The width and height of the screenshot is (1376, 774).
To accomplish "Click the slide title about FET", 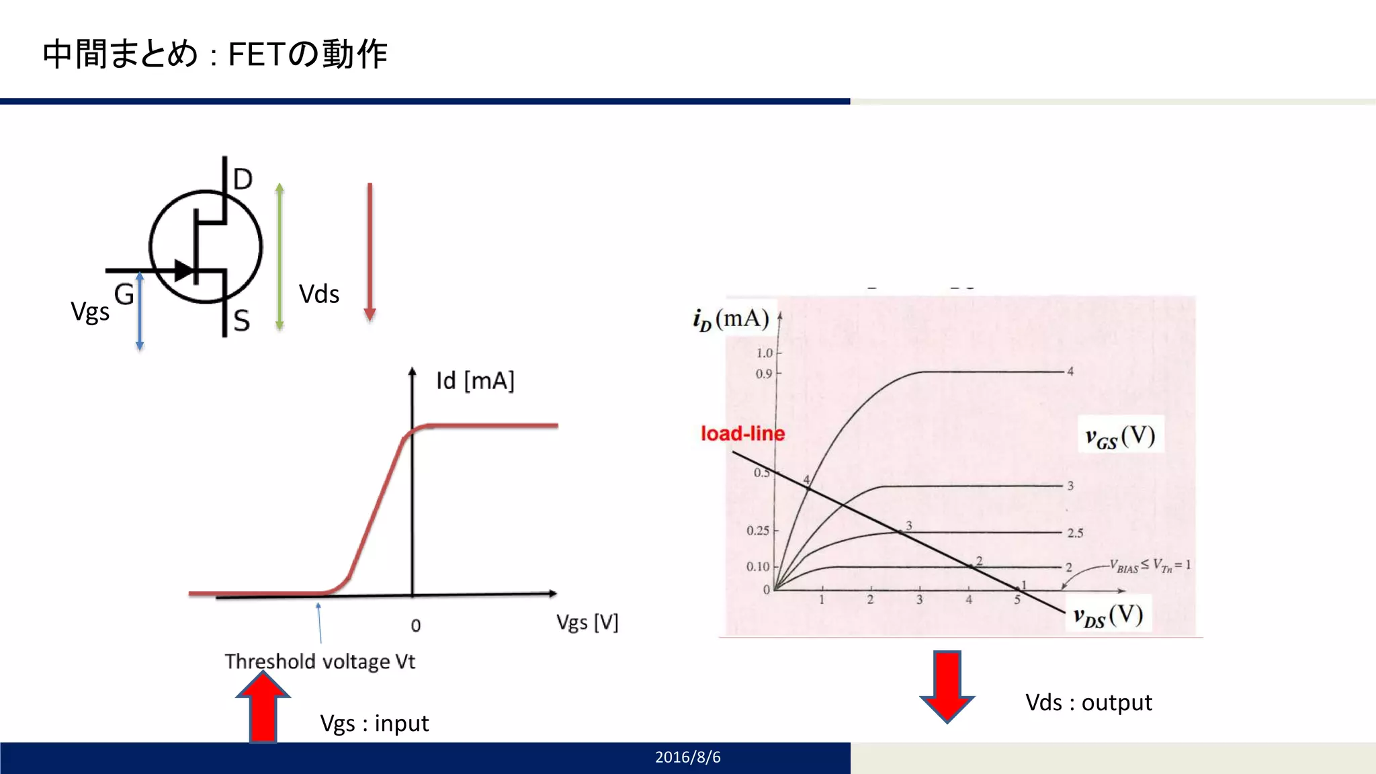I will [x=215, y=54].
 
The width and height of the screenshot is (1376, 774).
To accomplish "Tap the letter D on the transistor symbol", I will [x=243, y=179].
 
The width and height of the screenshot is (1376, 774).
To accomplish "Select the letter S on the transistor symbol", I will [x=242, y=320].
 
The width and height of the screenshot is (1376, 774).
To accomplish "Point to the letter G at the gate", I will [x=124, y=294].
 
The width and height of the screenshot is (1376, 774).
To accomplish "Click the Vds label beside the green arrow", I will [x=319, y=294].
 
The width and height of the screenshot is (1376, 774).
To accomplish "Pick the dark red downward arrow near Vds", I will [x=370, y=252].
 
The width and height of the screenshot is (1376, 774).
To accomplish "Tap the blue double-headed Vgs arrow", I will [x=140, y=311].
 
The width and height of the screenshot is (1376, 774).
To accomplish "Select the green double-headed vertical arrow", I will [x=279, y=257].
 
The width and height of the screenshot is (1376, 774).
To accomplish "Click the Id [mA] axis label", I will [x=475, y=381].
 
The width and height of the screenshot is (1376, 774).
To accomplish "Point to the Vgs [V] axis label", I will [x=587, y=623].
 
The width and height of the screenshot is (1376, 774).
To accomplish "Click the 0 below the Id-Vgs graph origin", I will [x=416, y=626].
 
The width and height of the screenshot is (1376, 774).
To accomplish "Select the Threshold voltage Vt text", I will [x=320, y=662].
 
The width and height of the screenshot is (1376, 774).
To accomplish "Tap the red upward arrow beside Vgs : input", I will [x=263, y=707].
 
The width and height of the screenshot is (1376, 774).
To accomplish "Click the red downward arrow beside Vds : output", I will [x=947, y=685].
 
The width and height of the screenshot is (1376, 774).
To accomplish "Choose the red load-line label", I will [x=742, y=433].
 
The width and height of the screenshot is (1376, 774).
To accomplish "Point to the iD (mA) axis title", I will [x=731, y=319].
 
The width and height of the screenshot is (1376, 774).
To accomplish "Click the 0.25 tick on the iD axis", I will [x=758, y=531].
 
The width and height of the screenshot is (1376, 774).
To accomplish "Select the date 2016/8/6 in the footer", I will [x=687, y=757].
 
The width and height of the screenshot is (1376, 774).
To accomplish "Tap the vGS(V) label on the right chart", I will [x=1120, y=437].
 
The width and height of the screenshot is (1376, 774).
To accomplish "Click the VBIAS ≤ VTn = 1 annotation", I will [x=1150, y=566].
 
